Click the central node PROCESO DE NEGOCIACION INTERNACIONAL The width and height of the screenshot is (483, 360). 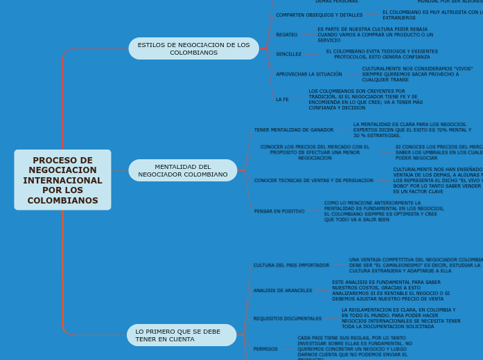62,180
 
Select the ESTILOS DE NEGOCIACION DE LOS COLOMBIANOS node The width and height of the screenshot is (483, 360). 193,48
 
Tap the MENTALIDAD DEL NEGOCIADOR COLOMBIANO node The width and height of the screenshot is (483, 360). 182,170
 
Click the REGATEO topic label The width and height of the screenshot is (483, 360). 286,34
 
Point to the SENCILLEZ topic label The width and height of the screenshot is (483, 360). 288,54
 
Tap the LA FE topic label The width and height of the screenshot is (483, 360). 282,99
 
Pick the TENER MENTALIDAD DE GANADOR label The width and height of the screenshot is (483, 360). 293,129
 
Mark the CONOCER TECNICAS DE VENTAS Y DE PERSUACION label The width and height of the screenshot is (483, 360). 313,180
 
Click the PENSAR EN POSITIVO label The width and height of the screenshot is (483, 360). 279,211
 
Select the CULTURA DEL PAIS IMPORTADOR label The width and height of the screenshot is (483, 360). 291,265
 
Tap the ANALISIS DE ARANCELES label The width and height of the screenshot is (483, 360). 283,291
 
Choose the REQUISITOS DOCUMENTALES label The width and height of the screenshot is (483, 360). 287,318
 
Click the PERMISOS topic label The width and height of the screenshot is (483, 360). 265,349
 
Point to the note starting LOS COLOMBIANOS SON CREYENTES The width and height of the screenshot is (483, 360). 365,99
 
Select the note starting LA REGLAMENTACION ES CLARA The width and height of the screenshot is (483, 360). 401,318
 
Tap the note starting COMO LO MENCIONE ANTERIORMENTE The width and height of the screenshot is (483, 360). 384,211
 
